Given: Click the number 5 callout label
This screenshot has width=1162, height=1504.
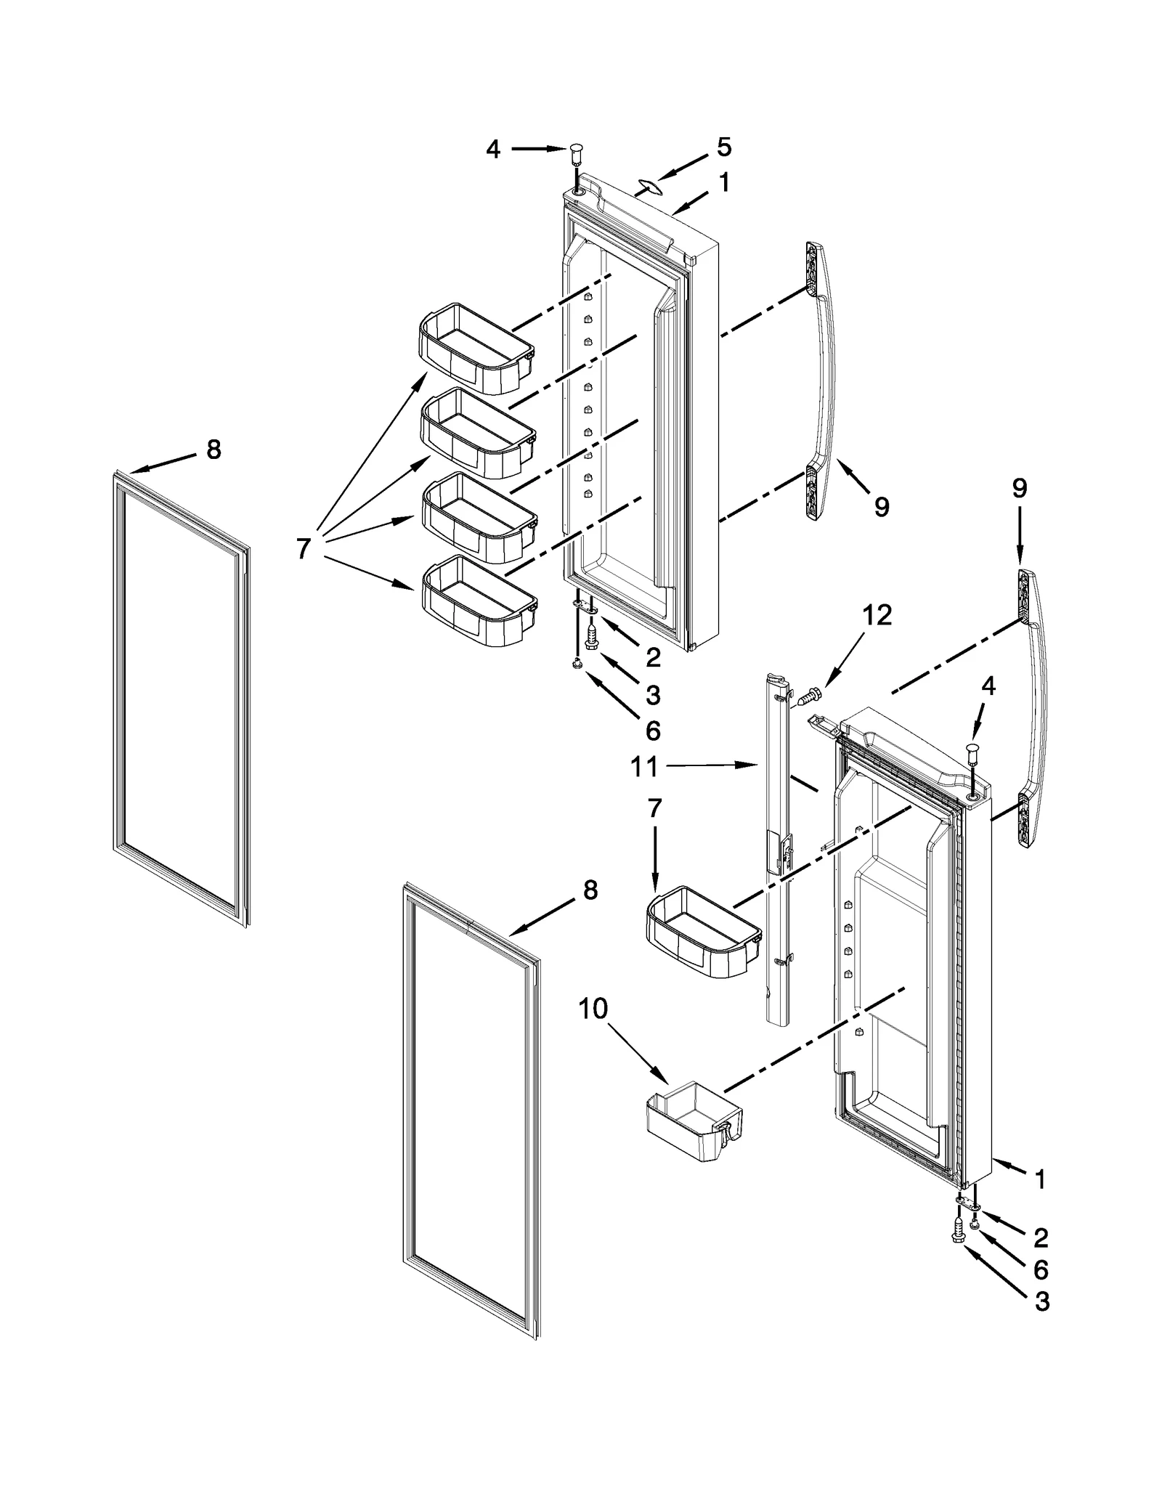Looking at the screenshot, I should [x=724, y=147].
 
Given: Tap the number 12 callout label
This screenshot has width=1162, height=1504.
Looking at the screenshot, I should [x=877, y=615].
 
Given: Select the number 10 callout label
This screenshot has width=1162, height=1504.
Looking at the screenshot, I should [x=593, y=1009].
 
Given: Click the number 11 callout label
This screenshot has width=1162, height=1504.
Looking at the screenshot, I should [x=644, y=766].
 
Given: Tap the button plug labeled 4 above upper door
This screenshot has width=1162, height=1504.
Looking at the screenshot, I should [x=577, y=153].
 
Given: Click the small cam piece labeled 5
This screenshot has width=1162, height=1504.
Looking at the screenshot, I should [x=652, y=187].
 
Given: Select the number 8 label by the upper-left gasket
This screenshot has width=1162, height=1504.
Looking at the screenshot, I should [x=214, y=450].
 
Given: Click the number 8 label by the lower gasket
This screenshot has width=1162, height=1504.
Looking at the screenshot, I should [x=590, y=890].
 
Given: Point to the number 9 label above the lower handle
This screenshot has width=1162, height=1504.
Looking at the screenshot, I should [x=1020, y=489].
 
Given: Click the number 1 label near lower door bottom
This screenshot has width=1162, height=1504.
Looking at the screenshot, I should [x=1041, y=1180].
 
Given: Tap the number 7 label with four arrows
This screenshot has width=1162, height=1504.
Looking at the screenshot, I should [x=304, y=548].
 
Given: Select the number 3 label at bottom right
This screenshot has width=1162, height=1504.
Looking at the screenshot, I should [x=1042, y=1302].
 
